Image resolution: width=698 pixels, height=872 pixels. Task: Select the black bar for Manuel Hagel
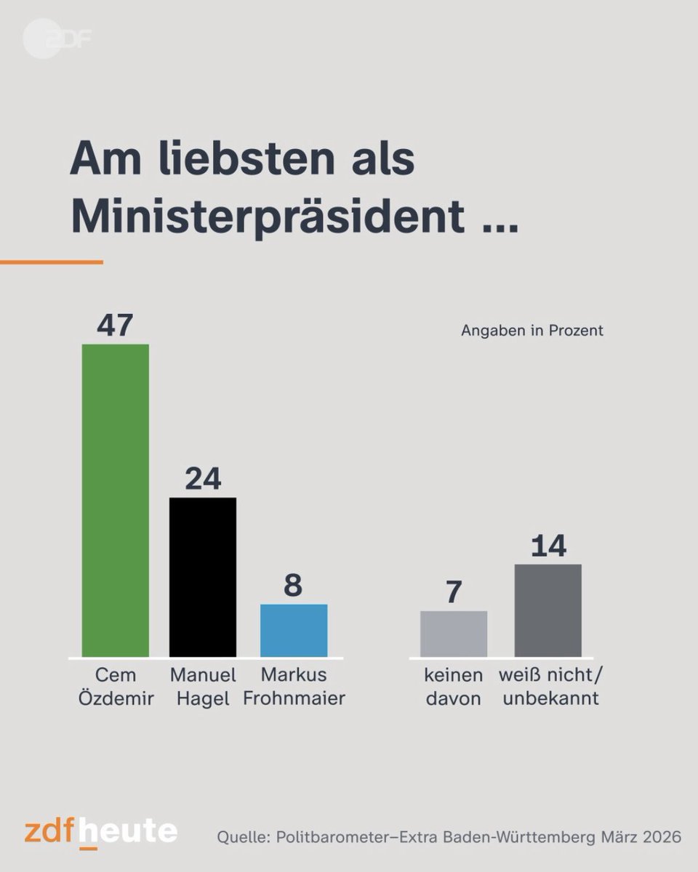pyautogui.click(x=202, y=577)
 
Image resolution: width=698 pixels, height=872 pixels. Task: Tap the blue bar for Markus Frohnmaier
pyautogui.click(x=293, y=630)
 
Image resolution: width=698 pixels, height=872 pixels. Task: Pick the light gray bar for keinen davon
pyautogui.click(x=454, y=634)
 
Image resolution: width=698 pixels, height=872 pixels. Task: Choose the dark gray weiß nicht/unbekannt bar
pyautogui.click(x=547, y=610)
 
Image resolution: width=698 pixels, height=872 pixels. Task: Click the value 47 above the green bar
pyautogui.click(x=115, y=325)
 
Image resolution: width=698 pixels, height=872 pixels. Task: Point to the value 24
pyautogui.click(x=202, y=479)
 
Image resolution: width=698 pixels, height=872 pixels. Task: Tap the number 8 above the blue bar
pyautogui.click(x=293, y=585)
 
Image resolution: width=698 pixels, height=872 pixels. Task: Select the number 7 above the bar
pyautogui.click(x=454, y=592)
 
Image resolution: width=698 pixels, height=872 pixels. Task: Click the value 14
pyautogui.click(x=547, y=546)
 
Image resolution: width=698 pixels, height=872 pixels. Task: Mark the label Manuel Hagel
pyautogui.click(x=202, y=687)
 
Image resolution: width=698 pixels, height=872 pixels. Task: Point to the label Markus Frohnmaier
pyautogui.click(x=293, y=687)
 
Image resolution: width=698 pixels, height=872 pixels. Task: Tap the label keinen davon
pyautogui.click(x=454, y=687)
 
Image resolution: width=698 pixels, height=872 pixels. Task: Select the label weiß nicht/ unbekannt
pyautogui.click(x=550, y=687)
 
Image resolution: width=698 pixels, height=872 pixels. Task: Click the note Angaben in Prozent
pyautogui.click(x=532, y=331)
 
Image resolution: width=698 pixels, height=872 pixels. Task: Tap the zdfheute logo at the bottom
pyautogui.click(x=100, y=831)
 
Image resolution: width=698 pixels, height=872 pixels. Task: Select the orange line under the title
pyautogui.click(x=51, y=262)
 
